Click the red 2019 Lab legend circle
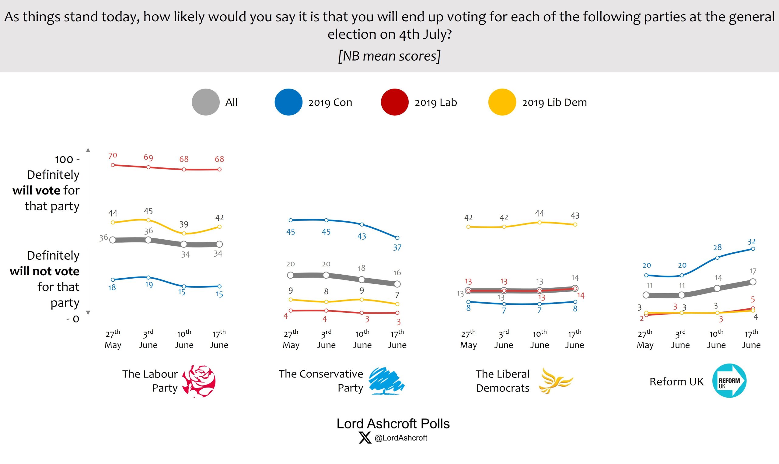pos(394,102)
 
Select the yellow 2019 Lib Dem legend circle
pos(502,102)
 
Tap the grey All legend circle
pos(206,102)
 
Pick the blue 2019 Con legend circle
pos(288,102)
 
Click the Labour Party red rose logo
pos(199,381)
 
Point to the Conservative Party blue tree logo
pos(386,381)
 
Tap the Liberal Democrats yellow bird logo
pos(555,381)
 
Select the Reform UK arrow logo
pos(729,381)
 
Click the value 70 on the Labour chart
pos(113,155)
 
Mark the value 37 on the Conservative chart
pos(397,248)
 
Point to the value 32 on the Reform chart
pos(751,241)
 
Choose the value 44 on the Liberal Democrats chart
pos(539,213)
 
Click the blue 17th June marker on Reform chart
pos(753,249)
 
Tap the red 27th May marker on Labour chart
pos(113,165)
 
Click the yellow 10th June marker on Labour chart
pos(184,233)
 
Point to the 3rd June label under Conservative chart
pos(326,339)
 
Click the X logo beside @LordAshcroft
pos(365,438)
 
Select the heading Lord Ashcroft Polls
pos(393,424)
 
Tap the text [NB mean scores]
pos(389,56)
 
